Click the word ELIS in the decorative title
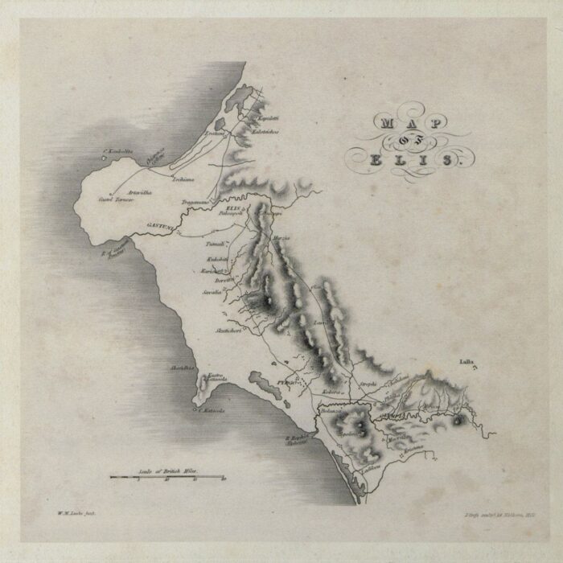point(409,159)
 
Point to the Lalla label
point(467,364)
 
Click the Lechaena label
point(185,179)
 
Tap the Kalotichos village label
point(265,132)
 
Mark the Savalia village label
point(211,292)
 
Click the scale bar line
point(167,477)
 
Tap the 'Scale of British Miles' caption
point(167,470)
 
